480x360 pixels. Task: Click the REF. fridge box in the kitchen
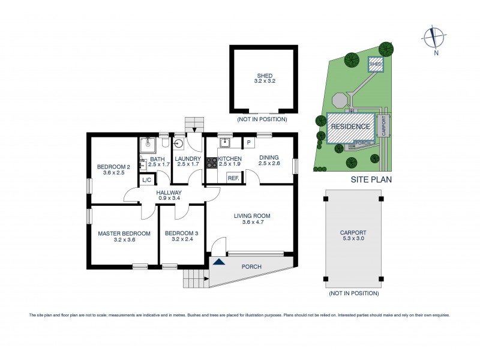point(233,178)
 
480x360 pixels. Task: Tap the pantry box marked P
point(248,143)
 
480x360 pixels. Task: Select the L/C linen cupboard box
point(146,179)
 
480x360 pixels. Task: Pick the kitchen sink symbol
point(225,143)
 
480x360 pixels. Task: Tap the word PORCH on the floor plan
point(252,266)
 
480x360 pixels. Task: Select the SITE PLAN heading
point(371,179)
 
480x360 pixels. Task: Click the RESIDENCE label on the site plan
point(350,127)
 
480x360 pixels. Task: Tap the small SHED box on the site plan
point(376,64)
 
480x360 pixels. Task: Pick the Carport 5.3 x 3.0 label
point(353,235)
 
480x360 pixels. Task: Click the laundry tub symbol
point(179,144)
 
